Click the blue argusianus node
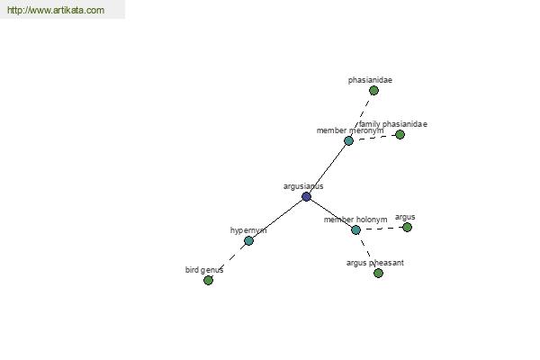[306, 197]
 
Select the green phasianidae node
[373, 91]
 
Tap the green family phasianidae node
[400, 135]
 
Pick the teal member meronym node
[348, 140]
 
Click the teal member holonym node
[356, 229]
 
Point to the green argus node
[407, 228]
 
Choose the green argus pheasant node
[378, 274]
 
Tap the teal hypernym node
[248, 241]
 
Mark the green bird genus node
[208, 281]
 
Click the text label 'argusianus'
[303, 186]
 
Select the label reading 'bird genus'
[204, 270]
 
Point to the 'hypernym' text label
[248, 230]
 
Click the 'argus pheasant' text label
[375, 263]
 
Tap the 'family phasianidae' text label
[393, 124]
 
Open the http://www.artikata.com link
[56, 10]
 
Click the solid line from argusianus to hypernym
[277, 219]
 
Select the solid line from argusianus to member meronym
[328, 169]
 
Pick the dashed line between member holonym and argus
[382, 229]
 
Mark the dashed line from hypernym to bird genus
[229, 261]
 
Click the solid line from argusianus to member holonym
[331, 213]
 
